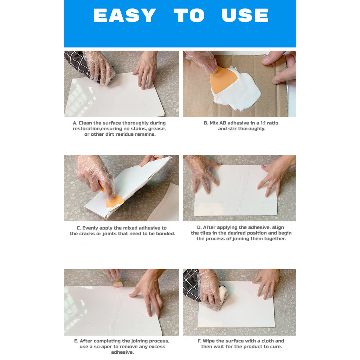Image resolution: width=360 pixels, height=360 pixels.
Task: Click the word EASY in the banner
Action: click(x=124, y=16)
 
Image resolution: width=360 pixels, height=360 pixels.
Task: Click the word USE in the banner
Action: click(x=245, y=16)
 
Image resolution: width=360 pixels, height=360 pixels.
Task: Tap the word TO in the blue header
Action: click(x=189, y=16)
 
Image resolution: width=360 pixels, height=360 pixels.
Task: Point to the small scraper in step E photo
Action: click(x=118, y=284)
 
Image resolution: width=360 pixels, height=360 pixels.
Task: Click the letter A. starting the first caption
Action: click(x=75, y=123)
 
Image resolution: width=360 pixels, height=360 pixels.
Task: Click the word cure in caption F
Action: click(x=275, y=347)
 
